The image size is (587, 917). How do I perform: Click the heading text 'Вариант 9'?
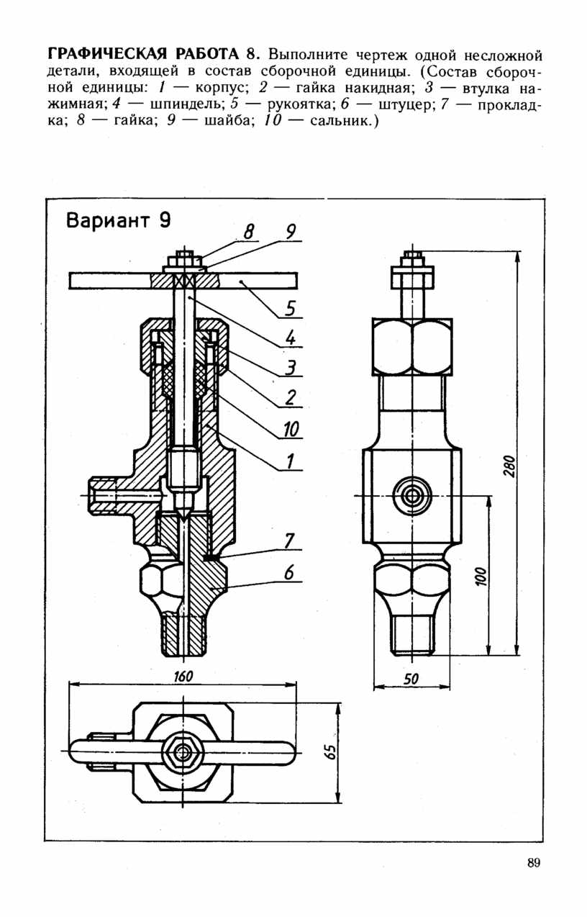pos(118,221)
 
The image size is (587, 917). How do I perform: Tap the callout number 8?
pos(249,232)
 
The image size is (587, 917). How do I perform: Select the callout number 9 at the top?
pos(290,232)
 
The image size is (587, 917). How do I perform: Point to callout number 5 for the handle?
pos(290,308)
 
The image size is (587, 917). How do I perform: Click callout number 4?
pos(290,338)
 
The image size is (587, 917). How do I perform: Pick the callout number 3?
pos(290,368)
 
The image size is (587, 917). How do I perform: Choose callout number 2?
pos(290,397)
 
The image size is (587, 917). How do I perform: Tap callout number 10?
pos(291,430)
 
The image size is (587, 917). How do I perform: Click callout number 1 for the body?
pos(290,461)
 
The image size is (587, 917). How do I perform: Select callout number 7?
pos(289,541)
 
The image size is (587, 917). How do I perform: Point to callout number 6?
pos(289,572)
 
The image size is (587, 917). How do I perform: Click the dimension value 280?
pos(510,466)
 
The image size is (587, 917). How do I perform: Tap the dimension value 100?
pos(482,577)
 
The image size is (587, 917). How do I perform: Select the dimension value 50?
pos(411,679)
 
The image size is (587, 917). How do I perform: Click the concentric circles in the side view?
pos(411,496)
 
